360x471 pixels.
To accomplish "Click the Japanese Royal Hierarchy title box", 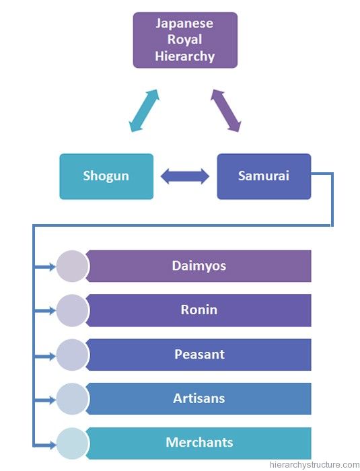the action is tap(185, 40).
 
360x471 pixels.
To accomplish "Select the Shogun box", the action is tap(106, 176).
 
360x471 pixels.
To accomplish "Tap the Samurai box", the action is tap(264, 176).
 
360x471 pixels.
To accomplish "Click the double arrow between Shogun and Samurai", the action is tap(185, 176).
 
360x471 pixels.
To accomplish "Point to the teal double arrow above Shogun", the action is tap(144, 110).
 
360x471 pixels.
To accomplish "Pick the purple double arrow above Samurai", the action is tap(225, 110).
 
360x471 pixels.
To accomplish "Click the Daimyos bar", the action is tap(199, 266).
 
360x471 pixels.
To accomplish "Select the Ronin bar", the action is tap(199, 310).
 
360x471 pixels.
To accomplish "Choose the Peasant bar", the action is tap(199, 355).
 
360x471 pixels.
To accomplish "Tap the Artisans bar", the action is tap(199, 398).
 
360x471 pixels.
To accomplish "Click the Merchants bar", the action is tap(199, 443).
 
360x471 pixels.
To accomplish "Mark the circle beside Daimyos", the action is tap(72, 266).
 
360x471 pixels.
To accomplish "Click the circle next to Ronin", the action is tap(72, 310).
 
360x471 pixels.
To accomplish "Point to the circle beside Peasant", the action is tap(72, 355).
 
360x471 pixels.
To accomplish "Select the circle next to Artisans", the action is tap(72, 399).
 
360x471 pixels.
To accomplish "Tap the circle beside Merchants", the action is tap(72, 443).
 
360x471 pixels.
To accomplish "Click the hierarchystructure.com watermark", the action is tap(314, 465).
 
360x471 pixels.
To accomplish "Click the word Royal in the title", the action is tap(184, 39).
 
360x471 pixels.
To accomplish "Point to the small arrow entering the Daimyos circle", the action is tap(45, 266).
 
